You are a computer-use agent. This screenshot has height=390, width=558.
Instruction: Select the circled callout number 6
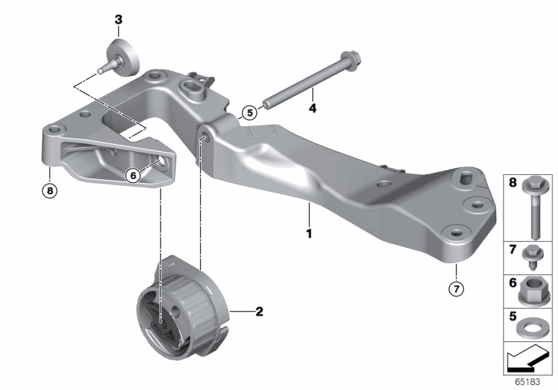[133, 175]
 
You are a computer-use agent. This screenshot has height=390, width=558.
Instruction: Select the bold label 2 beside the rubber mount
[259, 311]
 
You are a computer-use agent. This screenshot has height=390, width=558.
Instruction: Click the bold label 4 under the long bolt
[313, 108]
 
